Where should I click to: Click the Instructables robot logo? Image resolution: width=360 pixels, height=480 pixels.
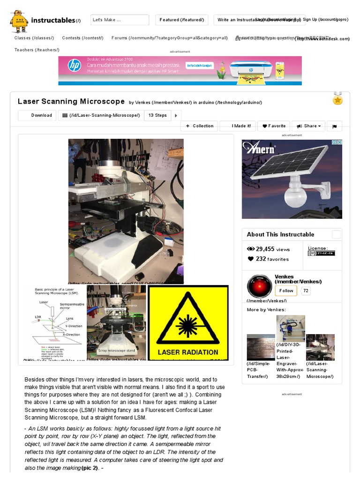point(19,20)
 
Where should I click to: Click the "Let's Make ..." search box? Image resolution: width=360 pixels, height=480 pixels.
point(120,20)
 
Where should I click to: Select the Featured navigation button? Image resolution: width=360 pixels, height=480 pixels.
point(182,20)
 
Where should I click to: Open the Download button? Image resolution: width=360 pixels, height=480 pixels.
point(37,115)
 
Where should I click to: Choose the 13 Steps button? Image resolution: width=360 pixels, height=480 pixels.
point(157,115)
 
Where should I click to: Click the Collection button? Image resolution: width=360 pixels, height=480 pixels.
point(199,126)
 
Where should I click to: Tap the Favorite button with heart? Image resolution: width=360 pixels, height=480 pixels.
point(274,126)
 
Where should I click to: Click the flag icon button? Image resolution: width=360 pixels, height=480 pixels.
point(335,126)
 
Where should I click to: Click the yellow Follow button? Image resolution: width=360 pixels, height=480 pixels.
point(286,291)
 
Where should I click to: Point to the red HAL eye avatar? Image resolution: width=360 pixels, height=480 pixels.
point(259,286)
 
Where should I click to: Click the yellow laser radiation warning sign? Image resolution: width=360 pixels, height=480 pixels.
point(188,323)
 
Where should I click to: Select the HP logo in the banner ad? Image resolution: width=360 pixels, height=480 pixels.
point(74,66)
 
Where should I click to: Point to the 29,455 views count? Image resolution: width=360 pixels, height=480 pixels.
point(269,249)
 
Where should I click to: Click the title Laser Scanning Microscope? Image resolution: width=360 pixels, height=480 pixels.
point(71,101)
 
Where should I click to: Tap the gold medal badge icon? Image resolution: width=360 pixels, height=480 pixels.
point(337,99)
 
